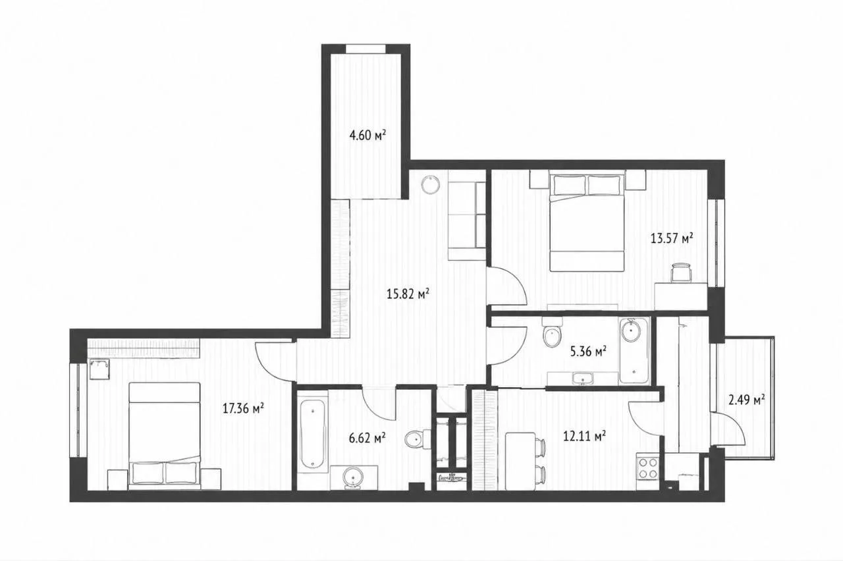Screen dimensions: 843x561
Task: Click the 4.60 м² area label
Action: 367,135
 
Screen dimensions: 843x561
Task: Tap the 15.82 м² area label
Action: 408,294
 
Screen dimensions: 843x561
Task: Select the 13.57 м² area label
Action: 672,238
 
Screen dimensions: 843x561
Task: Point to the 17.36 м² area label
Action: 243,408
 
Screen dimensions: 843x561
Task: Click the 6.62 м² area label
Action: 367,438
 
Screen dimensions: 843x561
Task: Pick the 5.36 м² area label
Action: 588,352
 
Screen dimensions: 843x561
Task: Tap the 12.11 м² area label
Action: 584,436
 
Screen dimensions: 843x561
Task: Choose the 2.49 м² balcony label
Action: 747,400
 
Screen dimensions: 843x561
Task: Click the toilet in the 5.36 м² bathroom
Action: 552,333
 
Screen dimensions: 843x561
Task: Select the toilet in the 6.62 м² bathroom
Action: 418,439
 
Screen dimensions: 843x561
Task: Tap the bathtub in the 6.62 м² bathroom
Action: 313,434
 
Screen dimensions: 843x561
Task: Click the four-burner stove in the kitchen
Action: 647,467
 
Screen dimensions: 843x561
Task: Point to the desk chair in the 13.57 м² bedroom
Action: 682,273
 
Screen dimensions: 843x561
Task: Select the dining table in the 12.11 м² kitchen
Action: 520,462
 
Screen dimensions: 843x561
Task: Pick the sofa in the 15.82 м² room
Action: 467,221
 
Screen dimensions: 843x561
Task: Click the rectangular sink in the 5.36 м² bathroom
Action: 583,378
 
